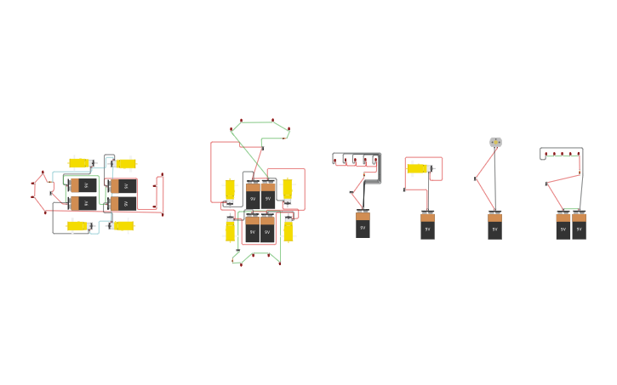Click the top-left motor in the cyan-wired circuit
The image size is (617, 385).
pyautogui.click(x=79, y=163)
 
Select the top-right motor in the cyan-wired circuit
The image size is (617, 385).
pyautogui.click(x=125, y=163)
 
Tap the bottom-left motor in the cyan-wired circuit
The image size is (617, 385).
pyautogui.click(x=78, y=226)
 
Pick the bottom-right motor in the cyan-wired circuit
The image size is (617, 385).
pyautogui.click(x=124, y=226)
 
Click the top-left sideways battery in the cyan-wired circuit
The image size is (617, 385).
pyautogui.click(x=83, y=185)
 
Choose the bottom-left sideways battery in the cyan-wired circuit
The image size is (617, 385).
pyautogui.click(x=83, y=204)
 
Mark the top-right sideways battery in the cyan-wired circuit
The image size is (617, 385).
pyautogui.click(x=123, y=185)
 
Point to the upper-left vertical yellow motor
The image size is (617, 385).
pyautogui.click(x=230, y=190)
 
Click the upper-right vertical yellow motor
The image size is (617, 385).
pyautogui.click(x=288, y=190)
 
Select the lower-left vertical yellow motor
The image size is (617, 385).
pyautogui.click(x=230, y=230)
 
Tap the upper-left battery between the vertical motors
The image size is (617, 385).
pyautogui.click(x=253, y=195)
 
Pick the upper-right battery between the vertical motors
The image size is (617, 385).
pyautogui.click(x=268, y=195)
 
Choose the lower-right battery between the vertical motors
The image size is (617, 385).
pyautogui.click(x=268, y=229)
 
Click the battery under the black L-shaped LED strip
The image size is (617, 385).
pyautogui.click(x=363, y=224)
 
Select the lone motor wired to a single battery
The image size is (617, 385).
pyautogui.click(x=417, y=168)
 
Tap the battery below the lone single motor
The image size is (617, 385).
pyautogui.click(x=427, y=225)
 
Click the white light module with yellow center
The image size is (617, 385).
pyautogui.click(x=495, y=142)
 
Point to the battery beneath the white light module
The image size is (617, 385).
pyautogui.click(x=494, y=226)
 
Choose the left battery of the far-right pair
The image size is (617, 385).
pyautogui.click(x=563, y=226)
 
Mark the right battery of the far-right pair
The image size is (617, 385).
pyautogui.click(x=579, y=226)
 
